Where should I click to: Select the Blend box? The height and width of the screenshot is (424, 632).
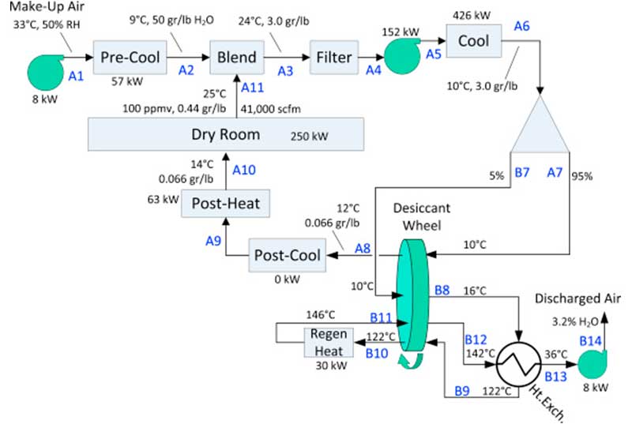click(236, 58)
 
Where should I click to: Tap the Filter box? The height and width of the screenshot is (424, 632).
click(335, 58)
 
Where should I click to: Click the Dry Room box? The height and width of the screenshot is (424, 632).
click(226, 134)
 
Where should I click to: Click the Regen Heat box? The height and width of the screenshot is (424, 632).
click(329, 340)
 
